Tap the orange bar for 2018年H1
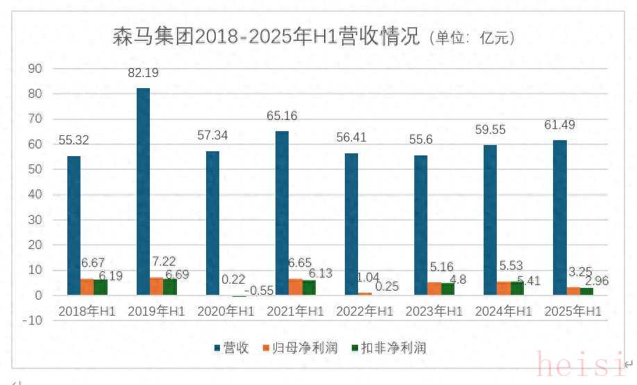[87, 286]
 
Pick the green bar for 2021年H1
[309, 287]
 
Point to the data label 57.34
[214, 135]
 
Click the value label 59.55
[491, 130]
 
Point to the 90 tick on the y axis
[35, 68]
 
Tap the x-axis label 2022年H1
[364, 311]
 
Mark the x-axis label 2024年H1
[503, 311]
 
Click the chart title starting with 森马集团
[266, 37]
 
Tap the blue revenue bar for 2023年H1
[421, 225]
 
